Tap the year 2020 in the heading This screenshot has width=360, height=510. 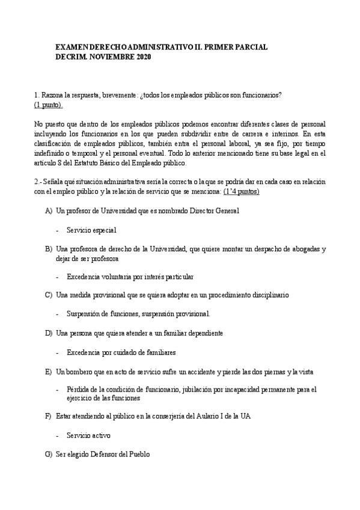[x=143, y=57]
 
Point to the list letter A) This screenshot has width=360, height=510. [x=49, y=211]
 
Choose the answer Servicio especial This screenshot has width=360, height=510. [x=91, y=230]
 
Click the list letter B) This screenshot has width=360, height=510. [x=49, y=248]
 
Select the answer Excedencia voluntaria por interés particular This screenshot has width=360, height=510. [x=130, y=277]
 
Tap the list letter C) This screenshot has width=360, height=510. [x=49, y=295]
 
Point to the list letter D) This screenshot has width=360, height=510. [x=49, y=333]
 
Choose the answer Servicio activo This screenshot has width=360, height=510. [x=89, y=435]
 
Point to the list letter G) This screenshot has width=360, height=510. [x=49, y=455]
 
